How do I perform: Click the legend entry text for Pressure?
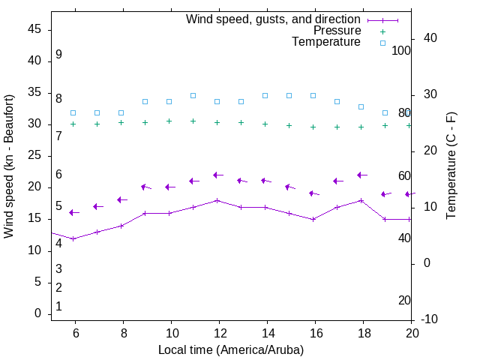337,31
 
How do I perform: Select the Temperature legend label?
326,42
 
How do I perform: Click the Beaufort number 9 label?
58,55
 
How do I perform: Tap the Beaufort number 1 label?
58,307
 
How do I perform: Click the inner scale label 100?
402,50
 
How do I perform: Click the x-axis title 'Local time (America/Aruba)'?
231,349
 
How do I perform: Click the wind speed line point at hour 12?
217,200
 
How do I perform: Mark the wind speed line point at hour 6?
73,238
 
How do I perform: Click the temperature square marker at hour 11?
193,95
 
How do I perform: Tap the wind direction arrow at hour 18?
361,175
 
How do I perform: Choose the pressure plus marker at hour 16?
313,127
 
